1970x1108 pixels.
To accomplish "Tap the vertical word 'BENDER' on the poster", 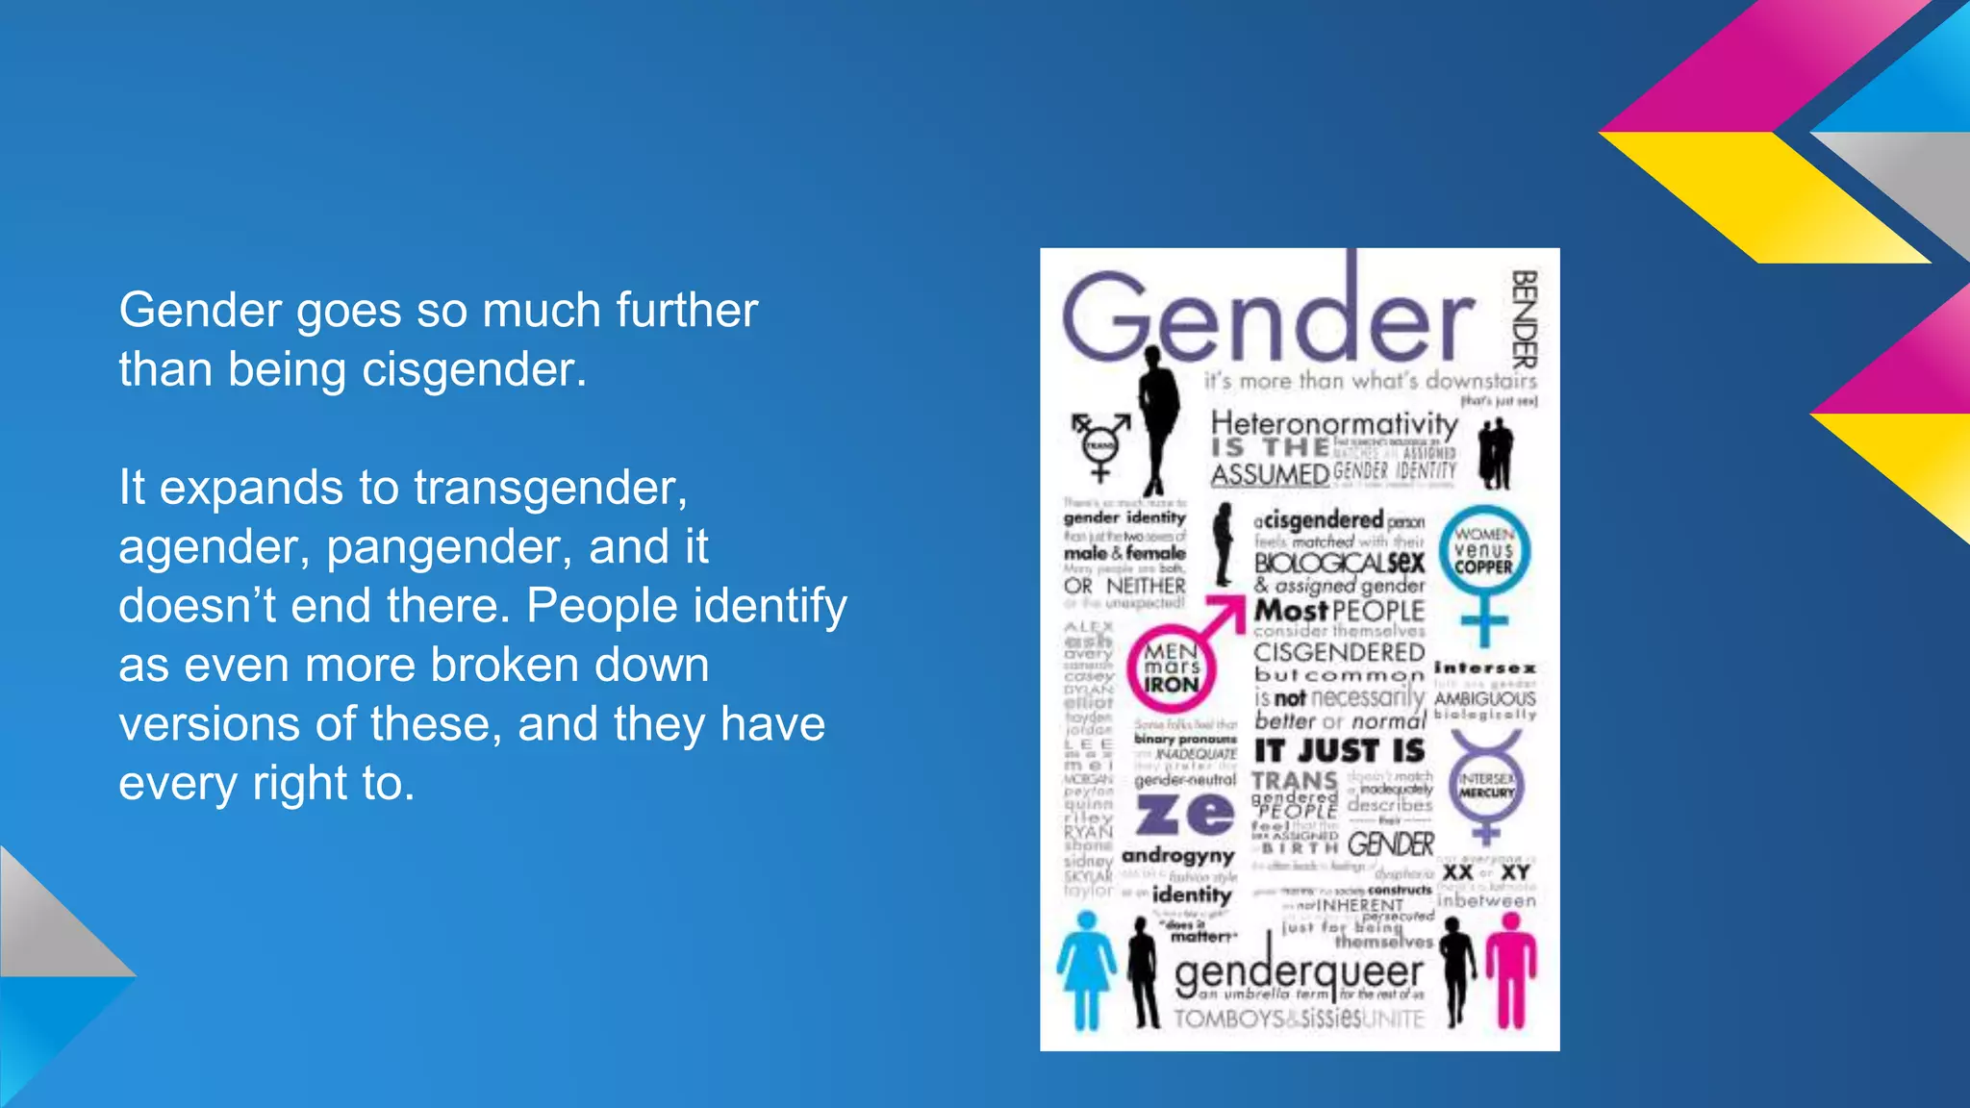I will tap(1524, 319).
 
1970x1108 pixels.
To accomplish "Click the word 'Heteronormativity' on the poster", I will tap(1334, 423).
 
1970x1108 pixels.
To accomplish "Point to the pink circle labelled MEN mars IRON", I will tap(1172, 668).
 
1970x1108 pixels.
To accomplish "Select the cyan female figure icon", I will tap(1087, 969).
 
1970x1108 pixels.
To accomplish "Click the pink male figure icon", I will tap(1511, 969).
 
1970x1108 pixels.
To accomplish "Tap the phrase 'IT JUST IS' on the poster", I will tap(1339, 750).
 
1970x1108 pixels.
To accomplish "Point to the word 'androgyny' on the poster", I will tap(1177, 855).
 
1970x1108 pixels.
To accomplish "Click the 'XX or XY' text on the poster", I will tap(1486, 871).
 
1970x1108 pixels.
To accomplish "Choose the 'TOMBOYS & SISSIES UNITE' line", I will tap(1298, 1019).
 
